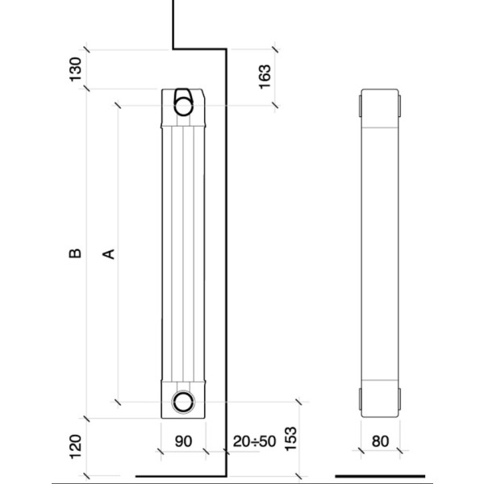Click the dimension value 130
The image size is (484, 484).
76,69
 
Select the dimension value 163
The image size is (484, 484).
265,77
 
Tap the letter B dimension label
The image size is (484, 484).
75,253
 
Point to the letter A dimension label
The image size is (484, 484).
109,254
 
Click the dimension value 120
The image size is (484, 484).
76,447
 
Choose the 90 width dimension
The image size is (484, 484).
183,441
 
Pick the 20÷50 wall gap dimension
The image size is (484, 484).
254,441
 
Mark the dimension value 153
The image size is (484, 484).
290,439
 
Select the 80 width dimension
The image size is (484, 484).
380,441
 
